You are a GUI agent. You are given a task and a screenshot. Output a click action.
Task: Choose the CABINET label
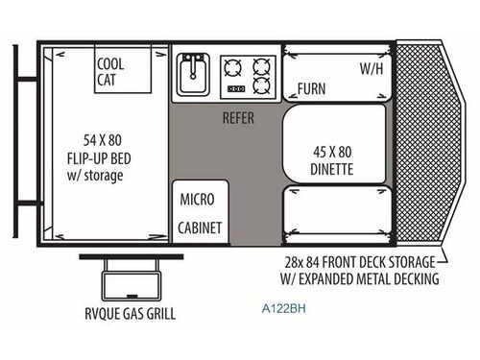point(201,228)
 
